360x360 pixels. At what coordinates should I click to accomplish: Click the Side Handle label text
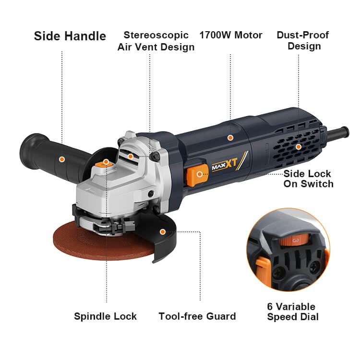coord(70,36)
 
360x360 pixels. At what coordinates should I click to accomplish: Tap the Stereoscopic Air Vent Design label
coord(156,41)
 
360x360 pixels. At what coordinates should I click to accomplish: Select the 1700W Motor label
coord(231,35)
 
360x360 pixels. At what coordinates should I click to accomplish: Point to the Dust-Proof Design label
coord(303,41)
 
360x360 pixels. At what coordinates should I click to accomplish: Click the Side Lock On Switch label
coord(308,179)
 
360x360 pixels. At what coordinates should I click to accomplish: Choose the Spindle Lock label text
coord(106,316)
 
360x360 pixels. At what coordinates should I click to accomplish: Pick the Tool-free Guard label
coord(197,316)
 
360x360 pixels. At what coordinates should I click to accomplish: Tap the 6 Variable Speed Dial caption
coord(293,312)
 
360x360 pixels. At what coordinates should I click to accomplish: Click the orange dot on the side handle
coord(62,159)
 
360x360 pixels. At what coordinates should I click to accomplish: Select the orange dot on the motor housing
coord(230,138)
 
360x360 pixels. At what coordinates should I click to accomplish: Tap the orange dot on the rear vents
coord(298,147)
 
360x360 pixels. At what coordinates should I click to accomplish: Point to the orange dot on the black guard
coord(163,232)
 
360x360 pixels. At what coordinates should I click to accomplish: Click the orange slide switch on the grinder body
coord(197,175)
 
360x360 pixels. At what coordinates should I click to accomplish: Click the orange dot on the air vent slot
coord(131,156)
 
